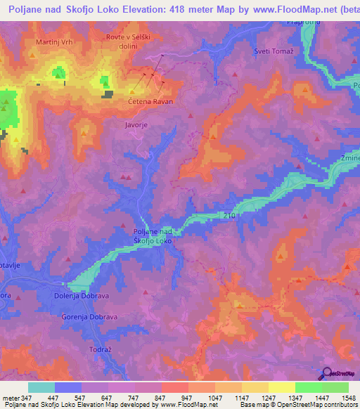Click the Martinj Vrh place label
point(54,42)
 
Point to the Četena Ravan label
point(150,101)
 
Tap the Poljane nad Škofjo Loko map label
point(153,236)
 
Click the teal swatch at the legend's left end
point(41,387)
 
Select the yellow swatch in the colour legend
point(281,387)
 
